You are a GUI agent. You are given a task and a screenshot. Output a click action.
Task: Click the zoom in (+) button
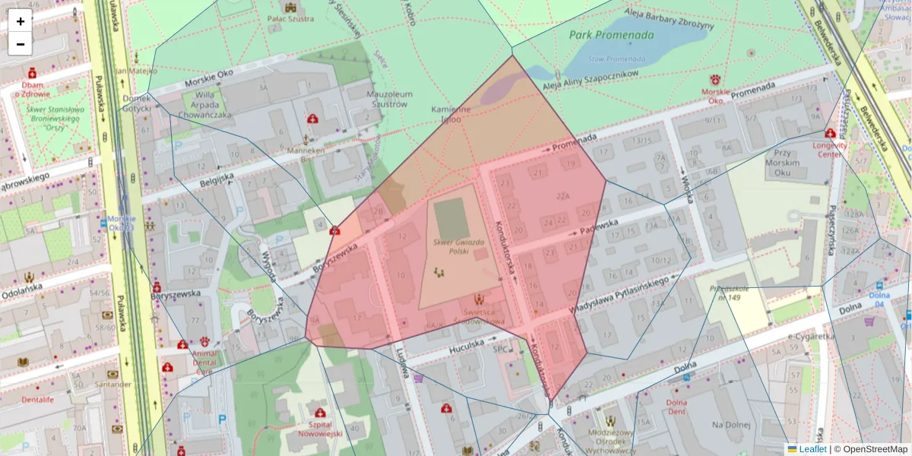click(21, 21)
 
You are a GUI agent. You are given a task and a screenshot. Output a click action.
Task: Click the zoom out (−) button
click(21, 44)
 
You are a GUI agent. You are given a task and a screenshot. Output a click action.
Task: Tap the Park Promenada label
click(611, 35)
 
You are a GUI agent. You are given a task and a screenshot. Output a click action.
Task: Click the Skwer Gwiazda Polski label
click(458, 246)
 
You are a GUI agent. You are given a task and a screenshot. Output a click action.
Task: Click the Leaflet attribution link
click(812, 449)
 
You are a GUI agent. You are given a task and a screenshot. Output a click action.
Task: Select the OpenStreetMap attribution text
click(874, 449)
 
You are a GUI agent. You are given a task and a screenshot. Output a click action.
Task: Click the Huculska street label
click(465, 344)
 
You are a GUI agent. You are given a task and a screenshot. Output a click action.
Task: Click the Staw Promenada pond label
click(610, 59)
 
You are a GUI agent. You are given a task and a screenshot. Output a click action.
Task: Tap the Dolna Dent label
click(676, 407)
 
